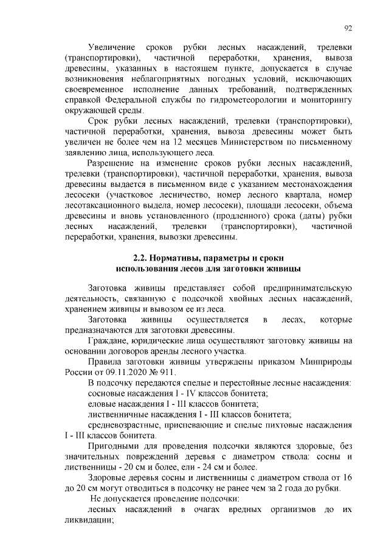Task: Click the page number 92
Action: click(x=348, y=28)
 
